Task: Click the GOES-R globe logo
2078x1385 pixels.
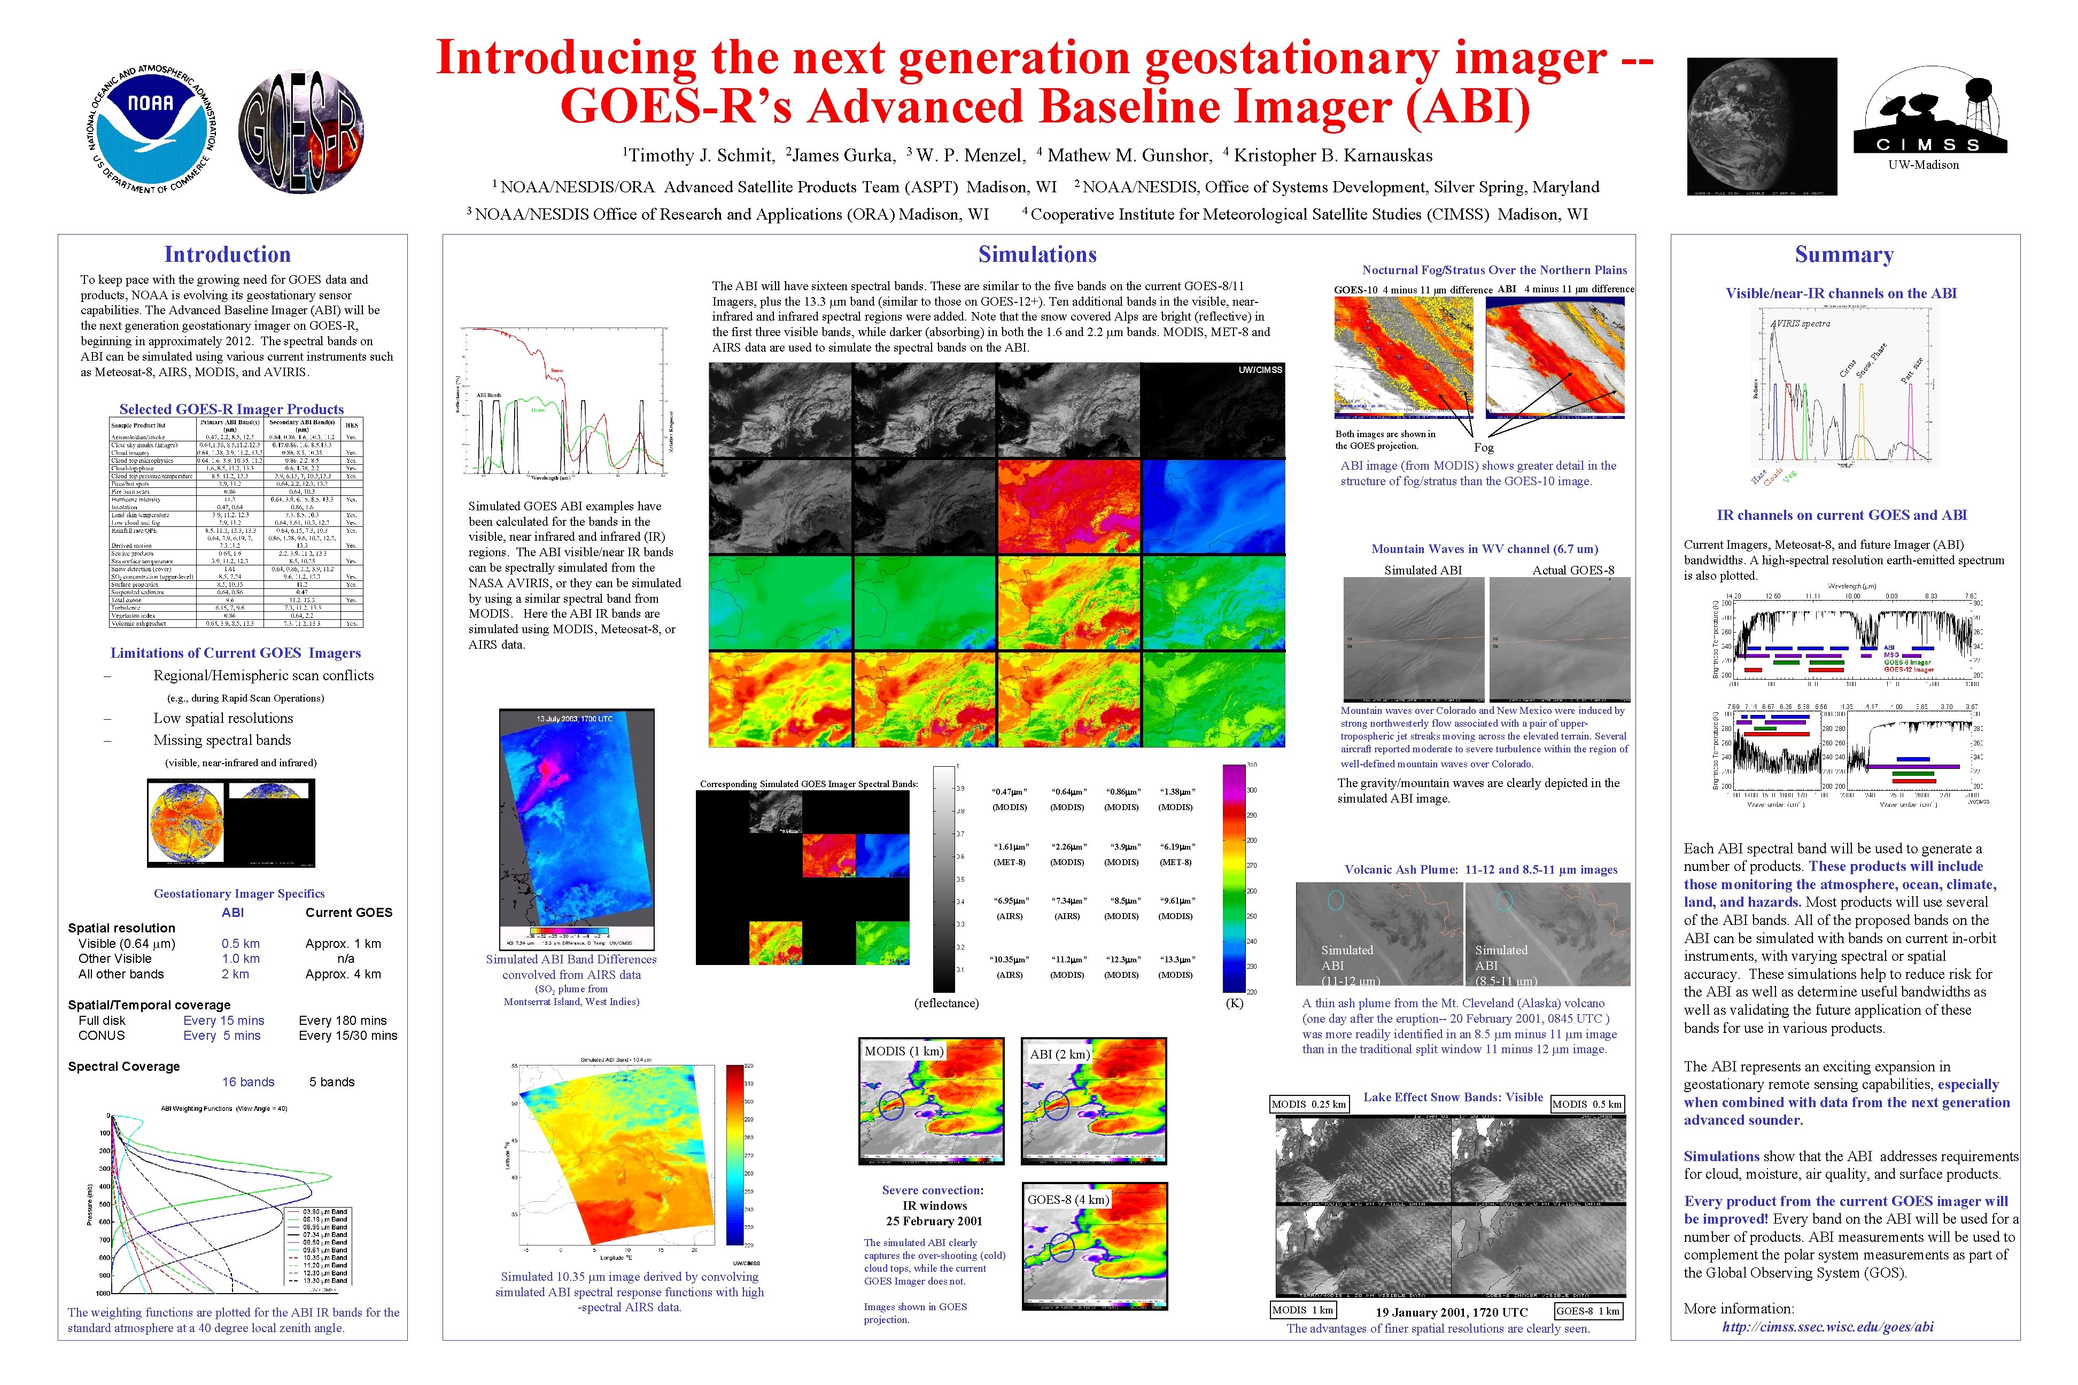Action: coord(301,131)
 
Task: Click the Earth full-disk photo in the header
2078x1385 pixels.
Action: coord(1761,126)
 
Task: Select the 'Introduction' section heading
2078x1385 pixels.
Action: coord(227,254)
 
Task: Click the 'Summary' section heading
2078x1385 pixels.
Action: coord(1844,254)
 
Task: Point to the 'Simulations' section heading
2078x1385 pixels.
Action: coord(1037,254)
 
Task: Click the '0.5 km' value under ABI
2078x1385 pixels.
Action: coord(241,943)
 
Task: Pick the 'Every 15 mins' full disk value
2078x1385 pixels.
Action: coord(223,1020)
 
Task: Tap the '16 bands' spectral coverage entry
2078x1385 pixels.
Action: coord(249,1082)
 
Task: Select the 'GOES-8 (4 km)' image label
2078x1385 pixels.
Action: coord(1067,1200)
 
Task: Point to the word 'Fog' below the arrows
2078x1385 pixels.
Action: coord(1483,448)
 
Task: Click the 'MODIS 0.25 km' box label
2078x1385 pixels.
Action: coord(1308,1104)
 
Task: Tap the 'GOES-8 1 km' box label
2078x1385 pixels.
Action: coord(1588,1311)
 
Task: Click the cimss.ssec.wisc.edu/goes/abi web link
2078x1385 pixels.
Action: coord(1827,1327)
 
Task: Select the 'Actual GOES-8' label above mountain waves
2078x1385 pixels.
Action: coord(1572,570)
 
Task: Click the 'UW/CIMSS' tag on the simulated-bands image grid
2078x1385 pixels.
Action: coord(1260,370)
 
